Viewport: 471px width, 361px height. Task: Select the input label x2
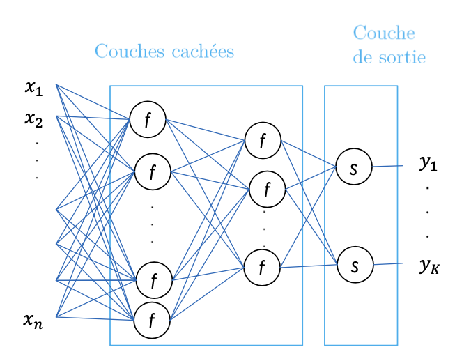33,119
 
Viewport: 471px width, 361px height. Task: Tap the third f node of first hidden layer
154,281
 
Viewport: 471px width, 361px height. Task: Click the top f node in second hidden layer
263,140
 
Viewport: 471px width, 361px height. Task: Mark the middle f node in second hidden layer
267,188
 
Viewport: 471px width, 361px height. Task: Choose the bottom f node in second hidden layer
263,266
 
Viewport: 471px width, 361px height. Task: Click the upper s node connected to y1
354,167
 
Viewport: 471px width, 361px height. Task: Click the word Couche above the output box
384,33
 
